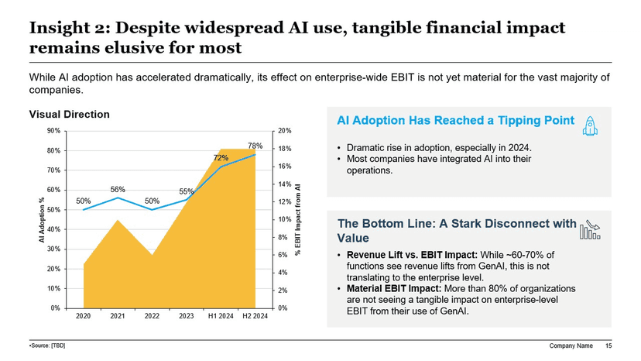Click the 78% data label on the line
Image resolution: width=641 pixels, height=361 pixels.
click(x=255, y=145)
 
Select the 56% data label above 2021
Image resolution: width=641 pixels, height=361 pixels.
click(x=118, y=188)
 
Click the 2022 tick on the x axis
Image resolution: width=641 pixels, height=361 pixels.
click(x=152, y=316)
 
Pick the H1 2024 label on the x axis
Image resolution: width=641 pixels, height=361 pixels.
click(x=221, y=316)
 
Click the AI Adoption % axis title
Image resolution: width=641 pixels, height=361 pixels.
click(x=41, y=220)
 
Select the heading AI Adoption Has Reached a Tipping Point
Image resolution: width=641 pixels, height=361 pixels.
click(x=456, y=121)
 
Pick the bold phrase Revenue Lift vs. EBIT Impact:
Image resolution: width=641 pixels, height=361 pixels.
click(x=412, y=255)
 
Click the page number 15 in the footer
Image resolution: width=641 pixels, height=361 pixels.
click(x=608, y=345)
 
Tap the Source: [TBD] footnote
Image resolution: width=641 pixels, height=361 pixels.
click(x=47, y=345)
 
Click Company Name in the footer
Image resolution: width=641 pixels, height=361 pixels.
click(x=571, y=345)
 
